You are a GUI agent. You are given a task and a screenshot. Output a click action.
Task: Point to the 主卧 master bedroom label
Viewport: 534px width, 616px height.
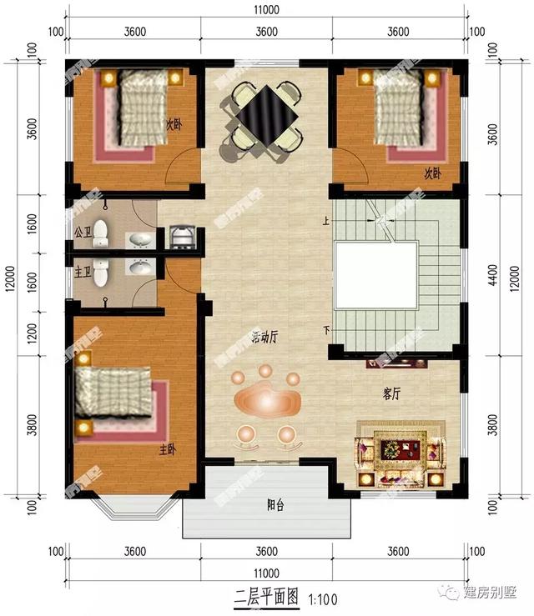point(168,449)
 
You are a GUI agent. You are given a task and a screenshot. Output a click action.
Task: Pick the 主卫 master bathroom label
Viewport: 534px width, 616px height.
point(81,270)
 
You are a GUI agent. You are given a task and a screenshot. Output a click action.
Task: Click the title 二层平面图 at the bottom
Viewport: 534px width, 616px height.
point(264,597)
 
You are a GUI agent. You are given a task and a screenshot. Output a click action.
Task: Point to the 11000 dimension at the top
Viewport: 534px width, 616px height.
point(266,10)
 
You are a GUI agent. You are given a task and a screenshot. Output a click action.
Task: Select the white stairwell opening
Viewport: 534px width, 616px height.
point(376,274)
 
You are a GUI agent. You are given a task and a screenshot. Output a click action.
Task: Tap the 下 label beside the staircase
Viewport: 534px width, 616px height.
point(326,331)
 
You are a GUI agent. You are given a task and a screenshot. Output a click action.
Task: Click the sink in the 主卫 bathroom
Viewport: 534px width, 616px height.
point(139,268)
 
